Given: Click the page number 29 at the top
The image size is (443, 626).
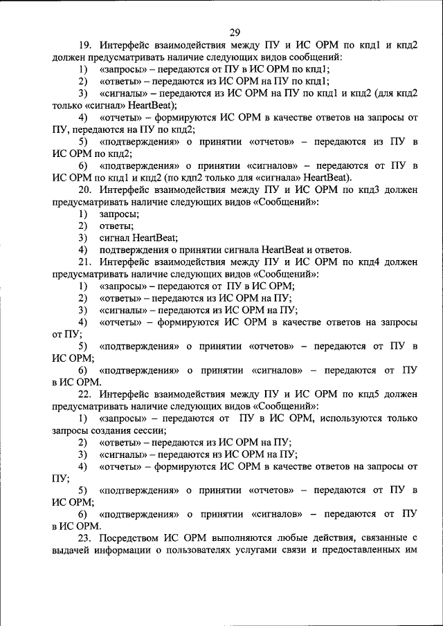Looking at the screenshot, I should (x=235, y=32).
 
